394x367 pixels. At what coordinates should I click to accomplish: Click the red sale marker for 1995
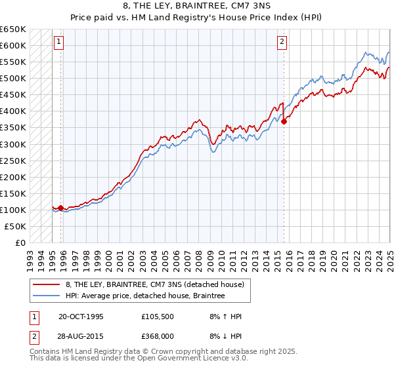(61, 208)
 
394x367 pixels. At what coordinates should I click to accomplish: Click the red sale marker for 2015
(284, 121)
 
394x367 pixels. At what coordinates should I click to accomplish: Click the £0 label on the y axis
(20, 242)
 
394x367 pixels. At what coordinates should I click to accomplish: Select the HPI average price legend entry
(145, 296)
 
